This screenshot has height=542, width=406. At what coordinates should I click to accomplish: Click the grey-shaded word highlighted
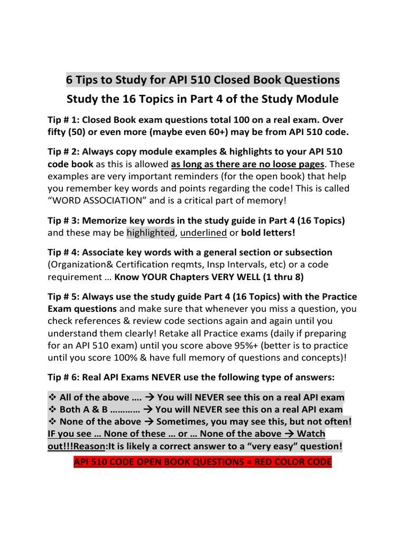[150, 233]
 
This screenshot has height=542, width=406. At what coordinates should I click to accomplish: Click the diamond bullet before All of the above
[52, 398]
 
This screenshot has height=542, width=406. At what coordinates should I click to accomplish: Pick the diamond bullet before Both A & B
[52, 410]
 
